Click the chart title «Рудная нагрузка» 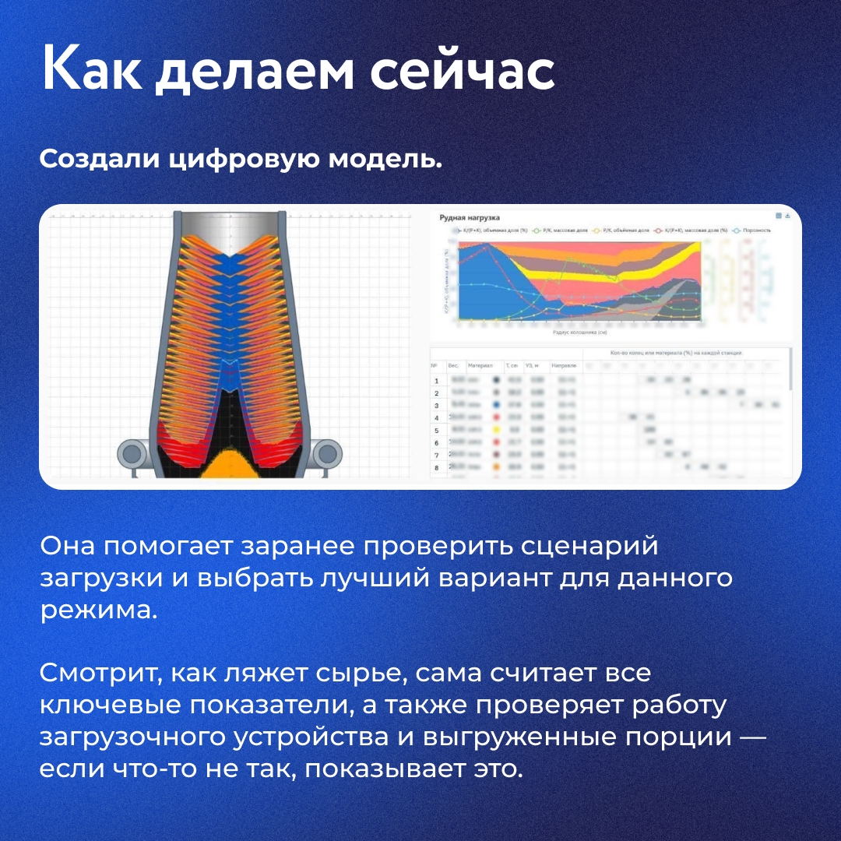(x=470, y=218)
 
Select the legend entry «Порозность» (x=755, y=230)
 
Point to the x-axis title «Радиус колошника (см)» (x=579, y=332)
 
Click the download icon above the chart (x=788, y=216)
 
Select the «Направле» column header (x=563, y=364)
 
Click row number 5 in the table (x=436, y=430)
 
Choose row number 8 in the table (x=436, y=467)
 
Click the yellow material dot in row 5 (x=496, y=430)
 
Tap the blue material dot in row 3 (x=496, y=405)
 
